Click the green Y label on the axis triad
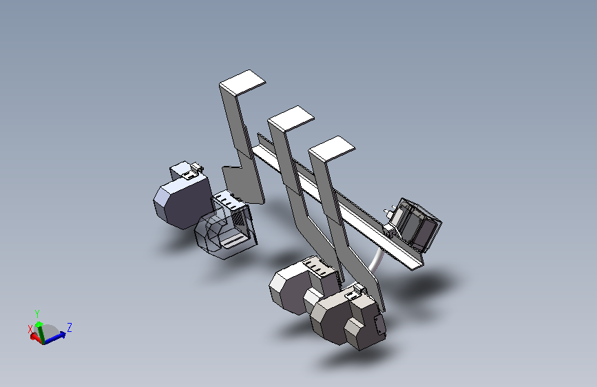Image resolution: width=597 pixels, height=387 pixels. (x=37, y=314)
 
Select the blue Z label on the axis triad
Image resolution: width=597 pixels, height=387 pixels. (x=70, y=327)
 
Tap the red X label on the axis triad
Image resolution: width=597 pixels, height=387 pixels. (x=30, y=328)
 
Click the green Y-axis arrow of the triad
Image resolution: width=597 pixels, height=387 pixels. (x=40, y=332)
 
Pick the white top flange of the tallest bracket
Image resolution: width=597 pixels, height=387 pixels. (x=242, y=82)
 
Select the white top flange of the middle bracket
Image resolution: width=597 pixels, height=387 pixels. (x=291, y=118)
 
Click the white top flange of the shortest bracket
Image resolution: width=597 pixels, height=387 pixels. (x=332, y=148)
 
